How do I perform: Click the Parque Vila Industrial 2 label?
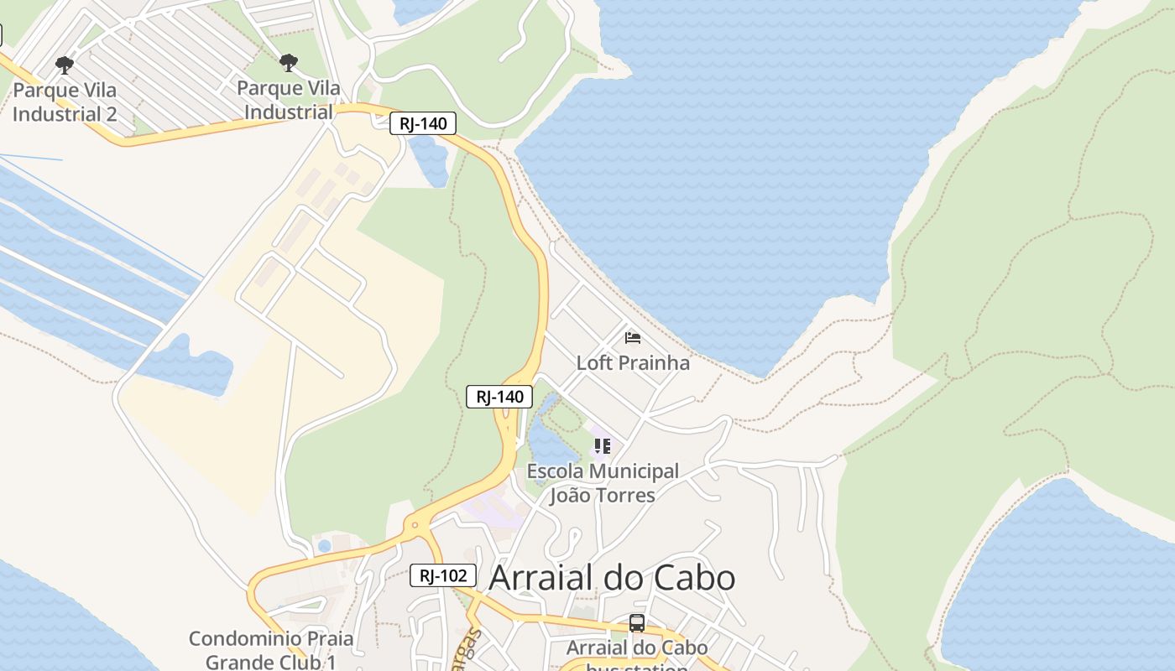pos(65,101)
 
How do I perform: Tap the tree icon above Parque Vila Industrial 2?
pos(64,65)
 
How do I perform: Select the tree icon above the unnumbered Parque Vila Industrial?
pos(289,63)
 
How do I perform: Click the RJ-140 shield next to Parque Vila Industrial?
pos(423,123)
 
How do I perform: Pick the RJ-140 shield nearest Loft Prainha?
pos(499,397)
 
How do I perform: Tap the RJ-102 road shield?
pos(443,575)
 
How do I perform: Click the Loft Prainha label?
pos(633,362)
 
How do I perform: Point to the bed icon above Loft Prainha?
pos(633,338)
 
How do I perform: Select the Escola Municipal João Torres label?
pos(603,483)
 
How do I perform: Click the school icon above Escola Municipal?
pos(602,445)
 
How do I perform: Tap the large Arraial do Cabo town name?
pos(612,577)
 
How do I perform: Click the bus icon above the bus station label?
pos(637,623)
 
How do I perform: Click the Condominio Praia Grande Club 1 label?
pos(271,650)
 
